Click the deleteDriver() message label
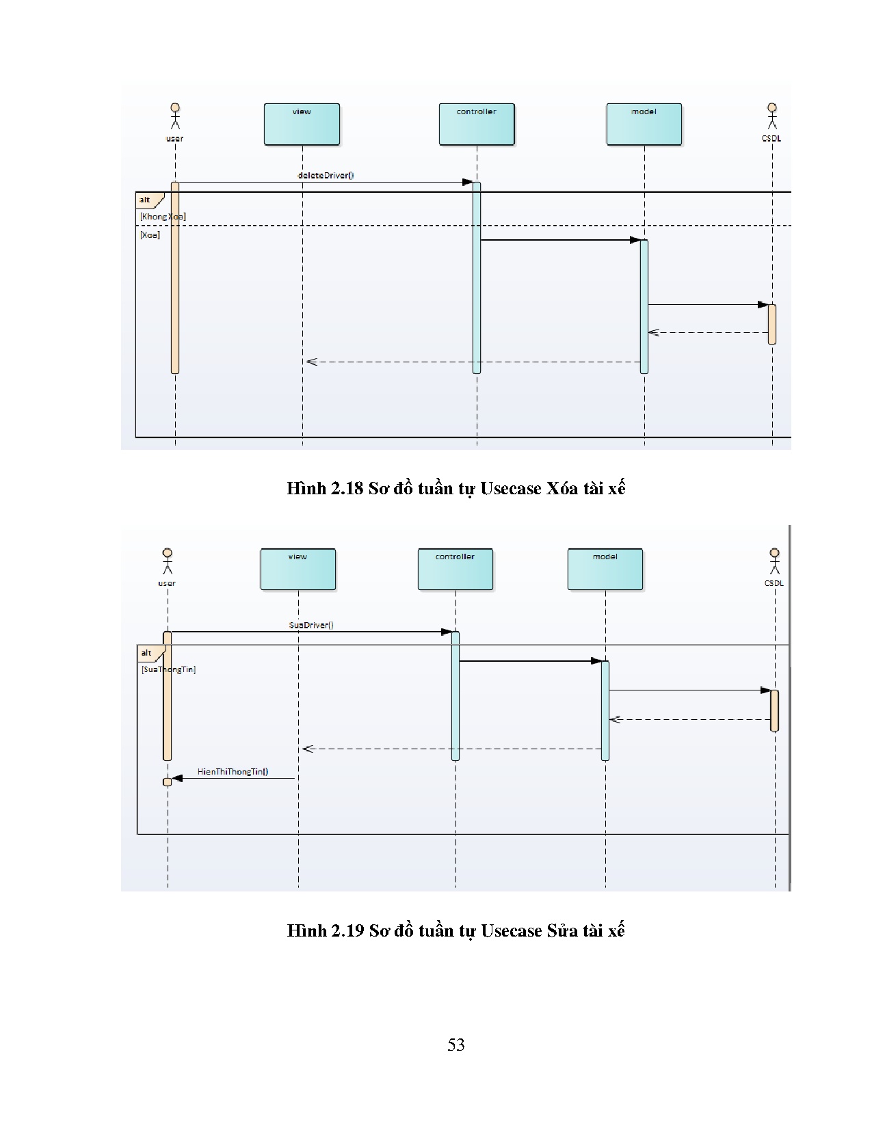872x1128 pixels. click(x=326, y=175)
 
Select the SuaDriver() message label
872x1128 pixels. click(x=311, y=625)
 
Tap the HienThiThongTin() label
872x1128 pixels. click(x=233, y=772)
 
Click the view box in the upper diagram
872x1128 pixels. click(x=302, y=124)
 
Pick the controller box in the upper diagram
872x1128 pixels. click(x=476, y=124)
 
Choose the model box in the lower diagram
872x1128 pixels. click(x=605, y=569)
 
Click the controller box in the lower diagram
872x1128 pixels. click(x=455, y=569)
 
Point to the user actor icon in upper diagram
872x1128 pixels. click(x=175, y=116)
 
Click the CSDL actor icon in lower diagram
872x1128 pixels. click(x=774, y=561)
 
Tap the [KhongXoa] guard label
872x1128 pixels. click(x=163, y=217)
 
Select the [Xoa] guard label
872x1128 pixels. click(x=150, y=234)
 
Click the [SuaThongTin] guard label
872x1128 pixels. click(x=168, y=669)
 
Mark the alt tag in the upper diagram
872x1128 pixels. click(x=146, y=200)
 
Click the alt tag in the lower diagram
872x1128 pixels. click(x=147, y=653)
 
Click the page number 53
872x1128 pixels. click(x=455, y=1045)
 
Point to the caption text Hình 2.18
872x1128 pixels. click(x=324, y=489)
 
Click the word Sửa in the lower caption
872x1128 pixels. click(x=562, y=931)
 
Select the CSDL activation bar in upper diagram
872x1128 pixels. click(x=771, y=324)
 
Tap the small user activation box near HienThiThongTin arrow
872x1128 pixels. click(x=167, y=782)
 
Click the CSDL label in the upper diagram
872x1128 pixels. click(x=771, y=138)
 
